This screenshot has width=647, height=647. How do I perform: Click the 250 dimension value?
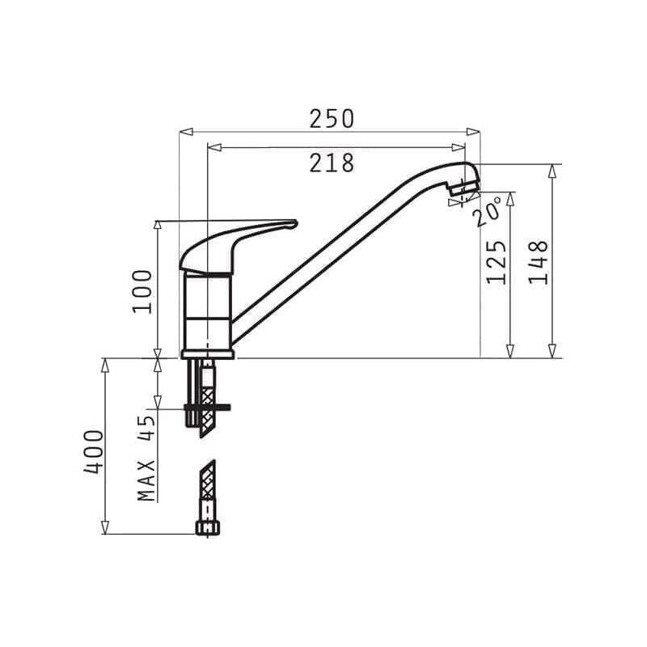click(x=332, y=119)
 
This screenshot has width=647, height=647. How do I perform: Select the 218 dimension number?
click(x=332, y=163)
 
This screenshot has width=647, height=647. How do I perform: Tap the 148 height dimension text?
click(x=539, y=262)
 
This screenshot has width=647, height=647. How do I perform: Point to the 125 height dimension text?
click(x=497, y=262)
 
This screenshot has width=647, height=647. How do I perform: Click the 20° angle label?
click(x=488, y=211)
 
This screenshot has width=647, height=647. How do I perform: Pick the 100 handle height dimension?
click(x=142, y=291)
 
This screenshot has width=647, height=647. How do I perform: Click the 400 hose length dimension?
click(x=93, y=452)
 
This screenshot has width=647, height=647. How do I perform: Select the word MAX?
click(x=146, y=480)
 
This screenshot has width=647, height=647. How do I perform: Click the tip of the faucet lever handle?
click(x=295, y=223)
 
